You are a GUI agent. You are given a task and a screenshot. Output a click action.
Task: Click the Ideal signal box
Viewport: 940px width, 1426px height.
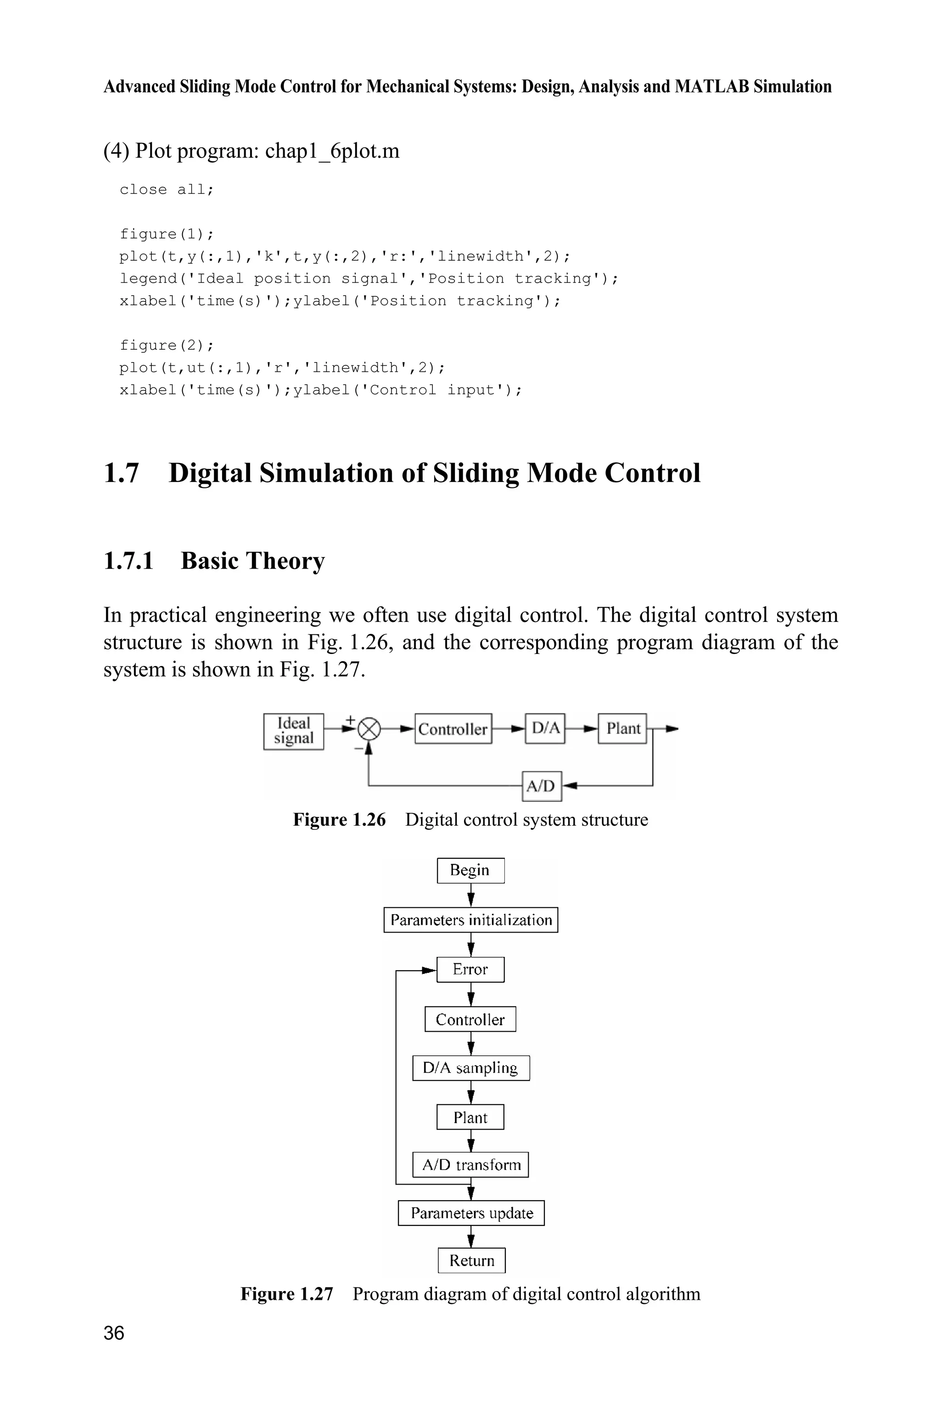[293, 731]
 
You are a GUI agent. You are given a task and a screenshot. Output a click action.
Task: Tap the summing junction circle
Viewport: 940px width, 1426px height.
[369, 729]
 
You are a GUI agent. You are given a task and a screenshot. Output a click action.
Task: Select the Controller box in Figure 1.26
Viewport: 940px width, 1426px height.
[453, 729]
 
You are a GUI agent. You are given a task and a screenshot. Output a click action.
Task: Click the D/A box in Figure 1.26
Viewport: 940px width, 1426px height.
[545, 728]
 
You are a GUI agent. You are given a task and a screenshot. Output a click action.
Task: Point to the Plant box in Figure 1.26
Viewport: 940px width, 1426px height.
[623, 728]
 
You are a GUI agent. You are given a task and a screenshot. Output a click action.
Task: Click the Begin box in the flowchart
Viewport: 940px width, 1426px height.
[470, 870]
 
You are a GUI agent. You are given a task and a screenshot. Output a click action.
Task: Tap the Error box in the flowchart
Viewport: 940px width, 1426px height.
[470, 969]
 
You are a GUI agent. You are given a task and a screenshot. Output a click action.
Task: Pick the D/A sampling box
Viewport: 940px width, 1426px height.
[470, 1068]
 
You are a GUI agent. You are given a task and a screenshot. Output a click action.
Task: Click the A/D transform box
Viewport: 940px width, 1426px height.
[470, 1165]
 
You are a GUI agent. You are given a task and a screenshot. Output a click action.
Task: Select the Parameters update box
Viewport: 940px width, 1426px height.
[471, 1213]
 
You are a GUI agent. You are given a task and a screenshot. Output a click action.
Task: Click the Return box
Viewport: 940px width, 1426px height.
[471, 1261]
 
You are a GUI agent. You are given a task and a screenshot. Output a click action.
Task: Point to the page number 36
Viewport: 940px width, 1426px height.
[114, 1333]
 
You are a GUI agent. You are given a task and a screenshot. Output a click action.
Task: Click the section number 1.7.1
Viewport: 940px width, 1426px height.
[129, 561]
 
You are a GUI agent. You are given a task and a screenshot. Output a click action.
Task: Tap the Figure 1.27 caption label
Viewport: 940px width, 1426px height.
[286, 1294]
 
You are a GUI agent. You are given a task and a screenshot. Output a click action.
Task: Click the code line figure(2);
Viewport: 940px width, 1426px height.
[167, 345]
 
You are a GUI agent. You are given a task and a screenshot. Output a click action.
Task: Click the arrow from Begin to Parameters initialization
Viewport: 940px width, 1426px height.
[471, 895]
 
